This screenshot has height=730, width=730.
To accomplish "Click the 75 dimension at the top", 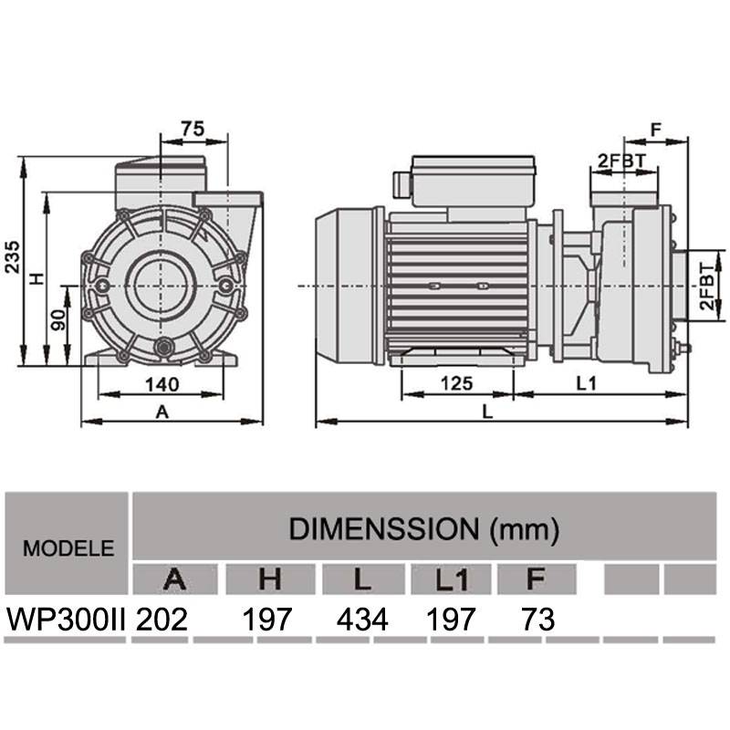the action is pos(193,129).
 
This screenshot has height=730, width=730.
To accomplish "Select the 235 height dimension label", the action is pos(13,256).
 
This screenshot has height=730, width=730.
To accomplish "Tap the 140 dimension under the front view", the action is pos(162,384).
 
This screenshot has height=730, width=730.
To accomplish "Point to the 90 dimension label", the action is pos(58,320).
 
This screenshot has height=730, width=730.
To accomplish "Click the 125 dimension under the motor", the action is pos(457,383).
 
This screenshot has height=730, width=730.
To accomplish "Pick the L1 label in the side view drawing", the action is pos(586,383).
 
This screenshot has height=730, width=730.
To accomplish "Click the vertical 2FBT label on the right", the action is pos(707,287).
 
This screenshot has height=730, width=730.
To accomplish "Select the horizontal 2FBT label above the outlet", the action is pos(622,162).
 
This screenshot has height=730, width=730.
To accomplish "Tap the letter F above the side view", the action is pos(655,130).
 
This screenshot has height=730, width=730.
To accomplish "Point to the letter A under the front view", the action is pos(162,412).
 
